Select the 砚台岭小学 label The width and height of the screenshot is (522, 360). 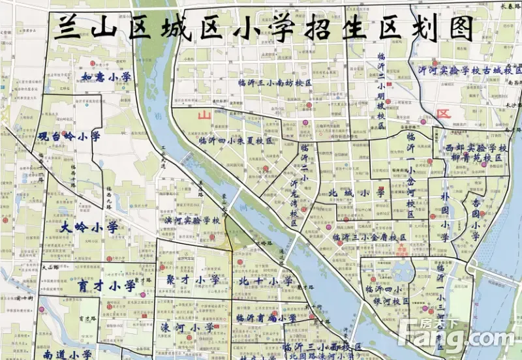(x=69, y=137)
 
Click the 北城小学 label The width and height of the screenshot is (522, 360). (x=357, y=193)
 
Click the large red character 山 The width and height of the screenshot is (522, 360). (x=204, y=115)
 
